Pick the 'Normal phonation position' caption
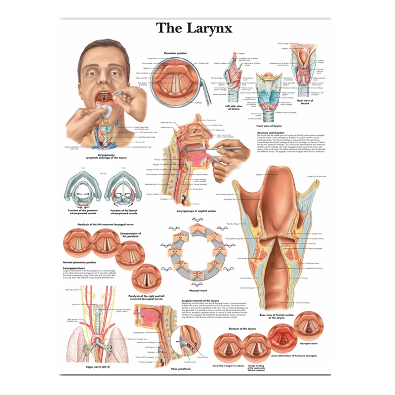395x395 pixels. pyautogui.click(x=79, y=262)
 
